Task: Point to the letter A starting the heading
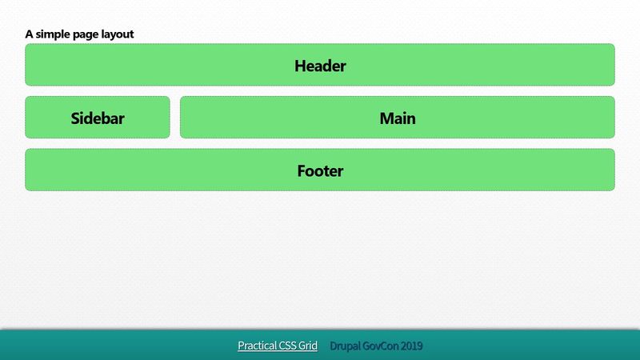(29, 34)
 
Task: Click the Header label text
(320, 66)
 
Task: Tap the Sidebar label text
(98, 118)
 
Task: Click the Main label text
(398, 118)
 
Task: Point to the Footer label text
(320, 170)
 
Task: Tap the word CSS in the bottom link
(287, 346)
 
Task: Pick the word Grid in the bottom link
(309, 346)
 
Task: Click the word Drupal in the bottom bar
(345, 346)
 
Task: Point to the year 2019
(412, 346)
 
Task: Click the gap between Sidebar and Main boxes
(175, 118)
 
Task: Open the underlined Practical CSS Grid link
(278, 346)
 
